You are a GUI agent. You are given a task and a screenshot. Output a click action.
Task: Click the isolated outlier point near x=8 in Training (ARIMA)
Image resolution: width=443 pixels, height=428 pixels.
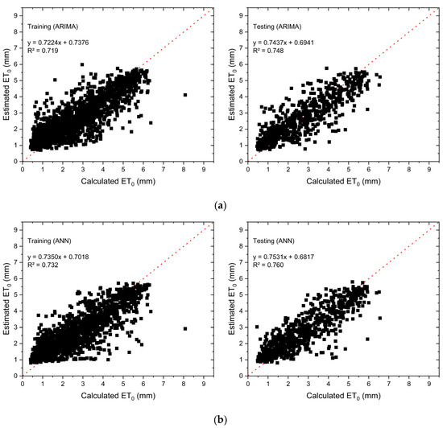tap(185, 95)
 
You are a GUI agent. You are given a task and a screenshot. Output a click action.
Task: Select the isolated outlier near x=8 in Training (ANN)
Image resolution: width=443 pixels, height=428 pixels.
tap(185, 328)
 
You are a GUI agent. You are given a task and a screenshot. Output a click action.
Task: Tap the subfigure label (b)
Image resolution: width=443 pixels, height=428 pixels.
tap(221, 420)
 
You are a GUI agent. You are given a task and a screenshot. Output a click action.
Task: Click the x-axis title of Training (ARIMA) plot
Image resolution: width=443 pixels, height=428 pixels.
tap(118, 183)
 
